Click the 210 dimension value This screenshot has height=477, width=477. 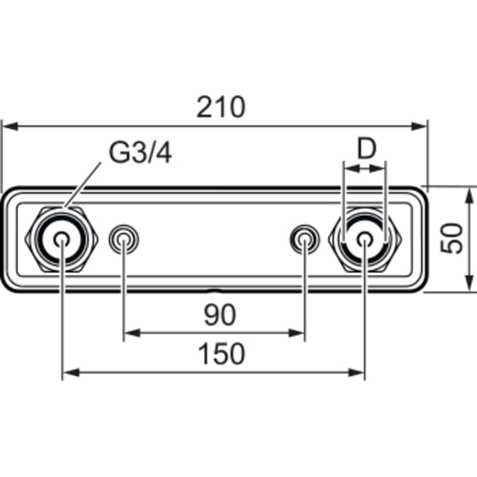coord(221,107)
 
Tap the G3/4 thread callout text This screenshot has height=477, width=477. coord(140,153)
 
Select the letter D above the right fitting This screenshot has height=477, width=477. coord(366,149)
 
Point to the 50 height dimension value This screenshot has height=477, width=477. coord(452,238)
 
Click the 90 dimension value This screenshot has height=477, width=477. coord(220,315)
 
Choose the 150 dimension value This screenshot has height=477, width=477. coord(221,354)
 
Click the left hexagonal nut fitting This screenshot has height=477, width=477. coord(62,239)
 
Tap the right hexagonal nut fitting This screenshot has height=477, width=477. coord(365,239)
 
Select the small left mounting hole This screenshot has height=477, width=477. coord(124,239)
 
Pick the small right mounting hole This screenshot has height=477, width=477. coord(304,239)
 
